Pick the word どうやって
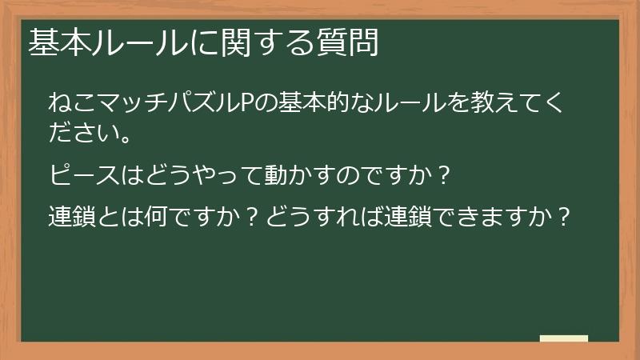[x=190, y=173]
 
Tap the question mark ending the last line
[x=564, y=217]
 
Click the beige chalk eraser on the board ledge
[x=564, y=339]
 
